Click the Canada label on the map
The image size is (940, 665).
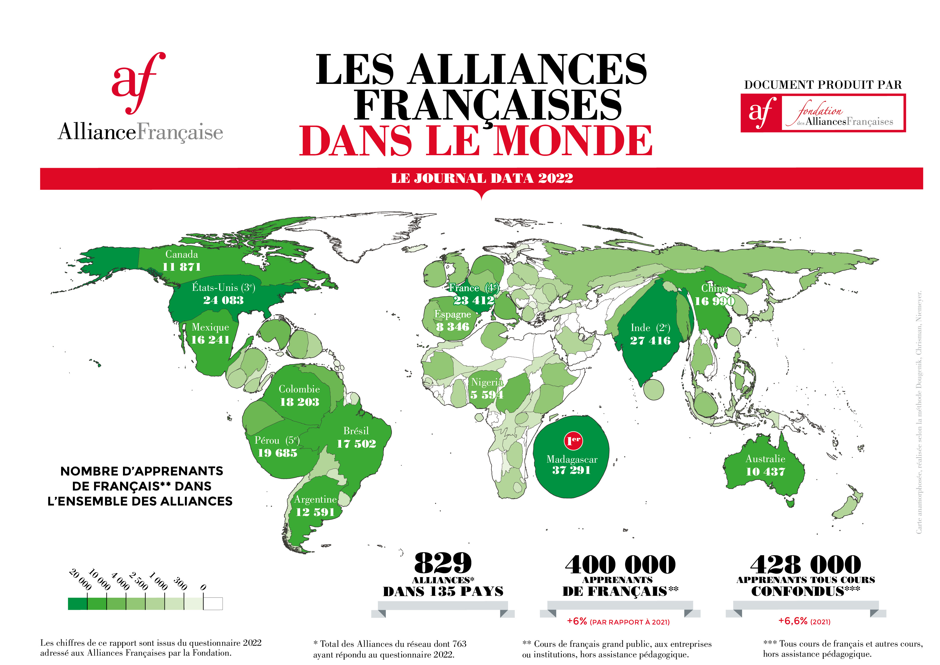(181, 254)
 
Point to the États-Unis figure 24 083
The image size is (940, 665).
(223, 300)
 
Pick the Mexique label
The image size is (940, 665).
(210, 327)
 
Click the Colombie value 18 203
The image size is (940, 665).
(300, 402)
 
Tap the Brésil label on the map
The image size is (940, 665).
(356, 431)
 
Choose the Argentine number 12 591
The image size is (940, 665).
(315, 512)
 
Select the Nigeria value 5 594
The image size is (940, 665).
(487, 395)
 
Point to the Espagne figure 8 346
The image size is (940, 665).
(452, 327)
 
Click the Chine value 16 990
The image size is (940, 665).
(714, 301)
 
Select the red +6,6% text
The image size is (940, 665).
(793, 621)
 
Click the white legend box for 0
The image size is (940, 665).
(213, 604)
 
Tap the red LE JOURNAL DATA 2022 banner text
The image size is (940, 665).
(482, 179)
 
